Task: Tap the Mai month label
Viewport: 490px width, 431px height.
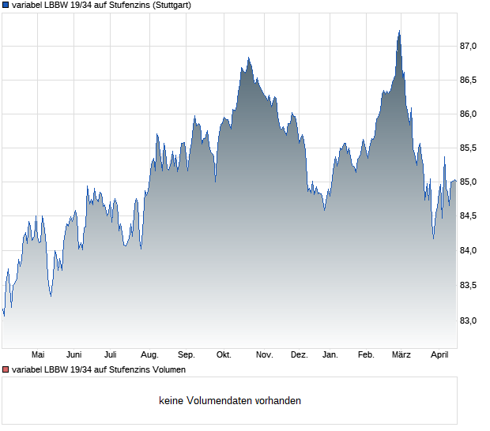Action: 37,354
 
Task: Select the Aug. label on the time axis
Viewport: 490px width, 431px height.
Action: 149,354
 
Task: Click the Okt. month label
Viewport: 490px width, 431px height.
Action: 224,354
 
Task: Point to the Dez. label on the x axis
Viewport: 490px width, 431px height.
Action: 299,354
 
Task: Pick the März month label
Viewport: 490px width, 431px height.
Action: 401,354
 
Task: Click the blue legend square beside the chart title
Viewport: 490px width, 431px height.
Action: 6,5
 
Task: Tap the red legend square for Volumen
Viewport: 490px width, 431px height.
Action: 6,369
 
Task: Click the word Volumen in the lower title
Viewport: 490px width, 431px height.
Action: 167,369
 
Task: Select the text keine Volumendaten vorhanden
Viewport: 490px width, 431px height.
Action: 229,401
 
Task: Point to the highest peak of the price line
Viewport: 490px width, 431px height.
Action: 400,31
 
